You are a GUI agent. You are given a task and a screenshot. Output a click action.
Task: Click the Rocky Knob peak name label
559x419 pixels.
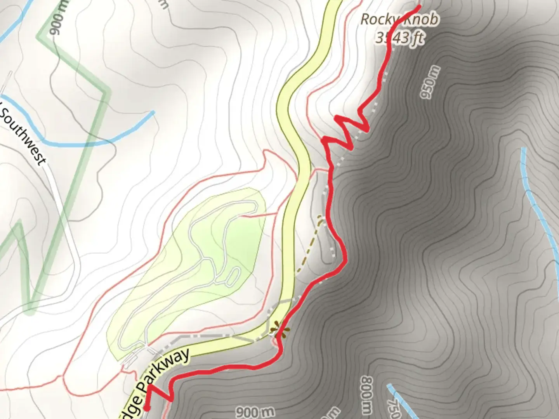point(400,19)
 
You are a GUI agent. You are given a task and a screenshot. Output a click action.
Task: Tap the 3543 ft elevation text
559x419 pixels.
point(400,38)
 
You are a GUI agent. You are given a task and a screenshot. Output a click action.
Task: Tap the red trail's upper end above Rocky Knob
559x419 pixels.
point(419,6)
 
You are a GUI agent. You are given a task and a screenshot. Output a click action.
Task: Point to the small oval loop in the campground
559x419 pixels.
point(232,276)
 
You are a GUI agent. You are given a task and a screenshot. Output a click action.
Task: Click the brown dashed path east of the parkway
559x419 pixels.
point(309,248)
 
